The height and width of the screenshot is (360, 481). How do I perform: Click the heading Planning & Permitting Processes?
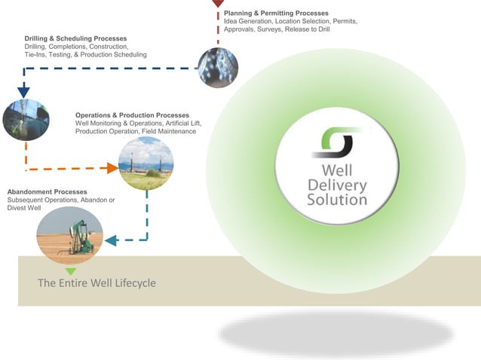[276, 13]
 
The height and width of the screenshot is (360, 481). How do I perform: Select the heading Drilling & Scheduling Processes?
[75, 38]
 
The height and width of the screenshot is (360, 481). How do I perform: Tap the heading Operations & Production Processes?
[132, 115]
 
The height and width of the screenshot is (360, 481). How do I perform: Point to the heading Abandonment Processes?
[47, 192]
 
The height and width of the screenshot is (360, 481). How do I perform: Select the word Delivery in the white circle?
[337, 185]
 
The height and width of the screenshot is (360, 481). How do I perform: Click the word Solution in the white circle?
[337, 200]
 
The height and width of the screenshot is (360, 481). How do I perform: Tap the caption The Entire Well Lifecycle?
[97, 283]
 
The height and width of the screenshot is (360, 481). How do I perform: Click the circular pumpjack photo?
[69, 235]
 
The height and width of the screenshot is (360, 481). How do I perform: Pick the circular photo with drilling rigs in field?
[146, 163]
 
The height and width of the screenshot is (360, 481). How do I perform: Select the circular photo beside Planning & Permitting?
[218, 68]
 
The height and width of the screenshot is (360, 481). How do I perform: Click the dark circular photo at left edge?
[26, 120]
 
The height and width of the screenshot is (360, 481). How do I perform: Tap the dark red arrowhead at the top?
[218, 3]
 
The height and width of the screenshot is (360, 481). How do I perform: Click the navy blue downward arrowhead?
[23, 92]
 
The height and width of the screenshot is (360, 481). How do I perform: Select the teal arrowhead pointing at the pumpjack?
[110, 241]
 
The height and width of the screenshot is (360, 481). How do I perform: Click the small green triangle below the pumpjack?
[70, 270]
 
